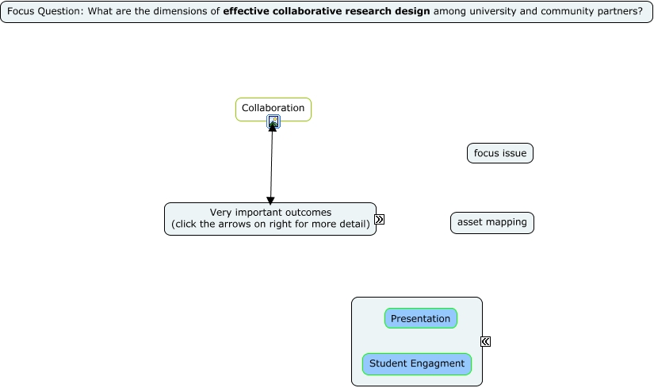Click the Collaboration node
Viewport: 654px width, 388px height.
[273, 108]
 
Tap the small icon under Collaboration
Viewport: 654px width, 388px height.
[273, 121]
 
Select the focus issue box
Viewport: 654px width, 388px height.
[500, 153]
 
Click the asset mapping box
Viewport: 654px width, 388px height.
[492, 223]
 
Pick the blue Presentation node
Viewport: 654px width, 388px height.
[421, 319]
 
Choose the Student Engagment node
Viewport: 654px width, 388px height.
[417, 364]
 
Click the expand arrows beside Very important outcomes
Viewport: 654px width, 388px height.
[380, 220]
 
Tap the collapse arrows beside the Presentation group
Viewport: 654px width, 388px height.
[485, 342]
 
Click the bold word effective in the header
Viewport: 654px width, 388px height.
[247, 12]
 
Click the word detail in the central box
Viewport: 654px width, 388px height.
[353, 224]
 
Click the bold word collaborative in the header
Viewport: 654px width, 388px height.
[308, 12]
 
